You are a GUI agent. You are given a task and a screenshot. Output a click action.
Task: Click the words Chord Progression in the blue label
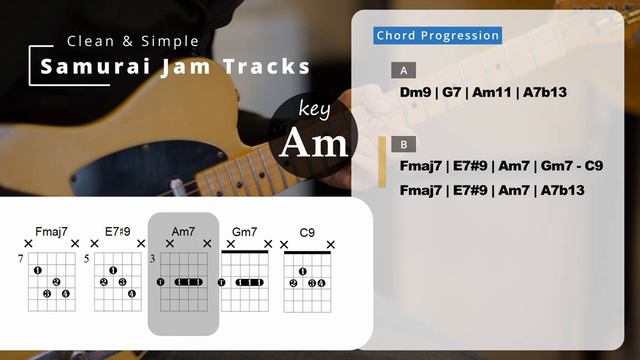[438, 36]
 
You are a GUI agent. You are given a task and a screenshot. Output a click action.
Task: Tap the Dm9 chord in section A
[415, 92]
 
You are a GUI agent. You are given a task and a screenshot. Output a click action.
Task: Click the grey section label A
[403, 71]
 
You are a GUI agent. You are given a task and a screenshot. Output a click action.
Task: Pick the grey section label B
[403, 144]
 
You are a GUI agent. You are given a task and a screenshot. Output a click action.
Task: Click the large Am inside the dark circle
[314, 144]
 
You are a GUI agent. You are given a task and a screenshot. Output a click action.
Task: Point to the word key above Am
[314, 108]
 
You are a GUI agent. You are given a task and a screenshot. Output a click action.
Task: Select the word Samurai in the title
[84, 67]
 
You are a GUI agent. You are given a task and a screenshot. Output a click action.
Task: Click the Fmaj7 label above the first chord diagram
[51, 232]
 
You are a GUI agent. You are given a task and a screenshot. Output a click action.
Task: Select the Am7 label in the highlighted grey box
[183, 232]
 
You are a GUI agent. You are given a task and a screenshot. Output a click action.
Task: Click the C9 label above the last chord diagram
[307, 232]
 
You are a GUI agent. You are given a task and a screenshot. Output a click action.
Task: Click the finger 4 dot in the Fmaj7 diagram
[65, 294]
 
